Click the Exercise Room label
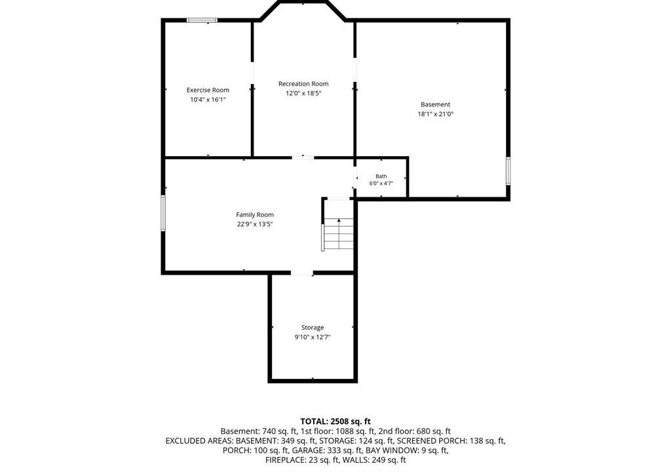[208, 90]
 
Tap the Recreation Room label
[303, 84]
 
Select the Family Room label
[255, 214]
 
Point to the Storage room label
[313, 328]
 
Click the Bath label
[381, 176]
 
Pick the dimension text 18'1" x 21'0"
[436, 114]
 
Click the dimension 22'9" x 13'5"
[255, 224]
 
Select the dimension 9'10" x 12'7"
[313, 337]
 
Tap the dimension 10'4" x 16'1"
[208, 100]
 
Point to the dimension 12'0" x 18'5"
[303, 93]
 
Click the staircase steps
[339, 234]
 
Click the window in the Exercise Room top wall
[202, 20]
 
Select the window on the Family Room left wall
[163, 213]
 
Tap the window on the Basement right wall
[508, 171]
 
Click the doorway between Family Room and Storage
[302, 273]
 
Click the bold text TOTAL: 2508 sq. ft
[335, 422]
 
